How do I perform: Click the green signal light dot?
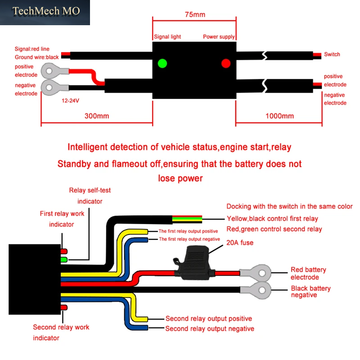coord(162,63)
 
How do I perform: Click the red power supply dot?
coord(226,63)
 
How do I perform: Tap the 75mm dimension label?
coord(195,14)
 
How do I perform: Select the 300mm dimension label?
coord(97,116)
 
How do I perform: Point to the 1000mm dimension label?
coord(279,116)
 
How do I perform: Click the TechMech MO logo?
coord(46,11)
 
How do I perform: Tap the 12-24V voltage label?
coord(71,100)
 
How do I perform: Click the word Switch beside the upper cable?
coord(332,54)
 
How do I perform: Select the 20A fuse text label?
coord(240,243)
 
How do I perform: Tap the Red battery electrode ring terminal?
coord(256,273)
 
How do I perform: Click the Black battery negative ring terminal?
coord(256,290)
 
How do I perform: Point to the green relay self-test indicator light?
coord(64,260)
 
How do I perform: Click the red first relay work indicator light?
coord(64,251)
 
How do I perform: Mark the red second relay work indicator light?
coord(64,307)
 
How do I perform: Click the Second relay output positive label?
coord(209,319)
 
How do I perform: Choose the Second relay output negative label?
coord(210,329)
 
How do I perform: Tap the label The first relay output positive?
coord(188,231)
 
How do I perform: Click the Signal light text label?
coord(167,37)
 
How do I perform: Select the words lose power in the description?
coord(180,178)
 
